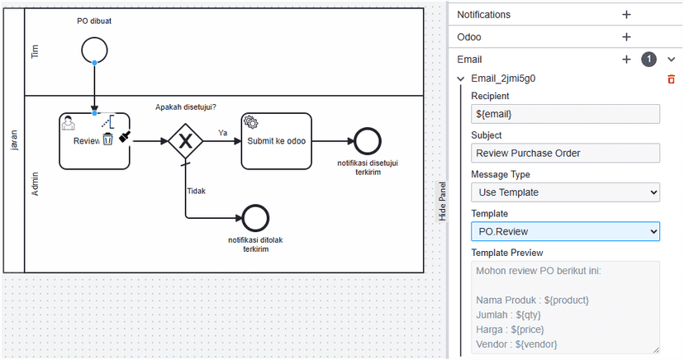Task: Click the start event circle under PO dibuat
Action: pos(94,50)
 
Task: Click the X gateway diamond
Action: pos(185,140)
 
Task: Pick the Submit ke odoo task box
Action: pos(276,140)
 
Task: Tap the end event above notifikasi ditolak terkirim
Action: pos(255,218)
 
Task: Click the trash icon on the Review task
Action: pos(107,140)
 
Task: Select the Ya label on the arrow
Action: pos(223,132)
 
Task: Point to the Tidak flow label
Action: pos(196,190)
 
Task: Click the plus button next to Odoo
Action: pos(626,37)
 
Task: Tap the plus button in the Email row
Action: pos(626,59)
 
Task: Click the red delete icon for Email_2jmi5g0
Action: pos(671,79)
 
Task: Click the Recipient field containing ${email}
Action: pos(565,114)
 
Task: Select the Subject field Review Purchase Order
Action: pos(565,153)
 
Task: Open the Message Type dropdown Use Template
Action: pos(565,192)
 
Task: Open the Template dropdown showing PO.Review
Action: pos(565,232)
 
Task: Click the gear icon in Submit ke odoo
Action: pos(251,122)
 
